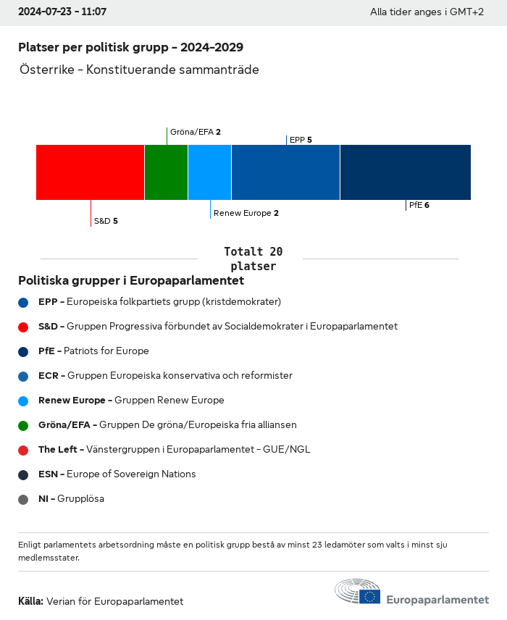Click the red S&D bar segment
tap(90, 172)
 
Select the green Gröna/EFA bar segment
tap(166, 172)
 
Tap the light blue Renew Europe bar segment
tap(209, 172)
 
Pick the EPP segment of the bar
tap(285, 172)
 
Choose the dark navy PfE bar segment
tap(405, 172)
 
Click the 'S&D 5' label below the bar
tap(106, 221)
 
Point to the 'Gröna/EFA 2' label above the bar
tap(195, 132)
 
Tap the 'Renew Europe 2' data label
tap(246, 213)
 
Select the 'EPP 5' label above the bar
tap(301, 140)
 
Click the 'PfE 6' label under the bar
tap(419, 205)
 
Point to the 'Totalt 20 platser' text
tap(253, 259)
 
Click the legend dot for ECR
tap(24, 376)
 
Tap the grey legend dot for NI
tap(24, 499)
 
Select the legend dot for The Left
tap(24, 450)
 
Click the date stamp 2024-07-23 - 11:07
tap(62, 12)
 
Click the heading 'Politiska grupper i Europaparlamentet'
tap(131, 280)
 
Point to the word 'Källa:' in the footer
tap(31, 601)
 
